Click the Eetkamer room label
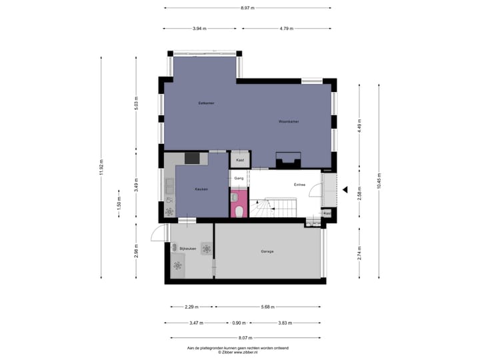(205, 103)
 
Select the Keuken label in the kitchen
(201, 189)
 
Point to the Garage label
(267, 251)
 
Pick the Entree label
(300, 185)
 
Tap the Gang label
(239, 179)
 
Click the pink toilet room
(238, 204)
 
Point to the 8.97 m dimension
(248, 8)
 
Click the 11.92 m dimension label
(101, 167)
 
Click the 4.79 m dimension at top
(287, 29)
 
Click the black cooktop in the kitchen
(192, 158)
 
